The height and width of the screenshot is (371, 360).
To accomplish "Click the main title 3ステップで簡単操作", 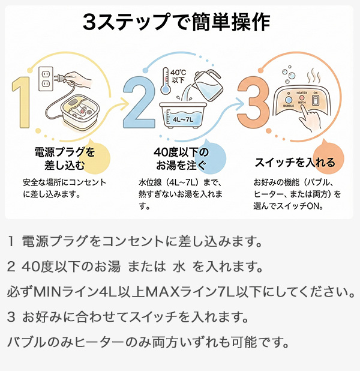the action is click(176, 22).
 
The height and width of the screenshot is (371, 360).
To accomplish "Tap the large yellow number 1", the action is click(22, 102).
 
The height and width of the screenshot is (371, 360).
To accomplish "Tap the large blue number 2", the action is click(139, 102).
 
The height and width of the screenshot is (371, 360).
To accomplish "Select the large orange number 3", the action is click(253, 102).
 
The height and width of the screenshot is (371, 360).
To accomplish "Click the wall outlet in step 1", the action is click(46, 79).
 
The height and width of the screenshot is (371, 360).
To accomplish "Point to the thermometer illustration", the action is click(166, 81).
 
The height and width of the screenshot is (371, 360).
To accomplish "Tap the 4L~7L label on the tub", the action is click(182, 119).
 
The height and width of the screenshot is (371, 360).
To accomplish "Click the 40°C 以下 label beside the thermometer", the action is click(178, 76).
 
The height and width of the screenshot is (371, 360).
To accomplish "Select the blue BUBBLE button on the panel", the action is click(289, 100).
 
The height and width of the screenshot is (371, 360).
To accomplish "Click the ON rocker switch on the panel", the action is click(315, 100).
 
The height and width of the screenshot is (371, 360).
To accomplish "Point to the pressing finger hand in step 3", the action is click(312, 117).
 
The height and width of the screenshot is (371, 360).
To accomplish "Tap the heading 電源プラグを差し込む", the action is click(65, 158).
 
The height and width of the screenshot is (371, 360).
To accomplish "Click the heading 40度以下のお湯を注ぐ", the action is click(181, 158).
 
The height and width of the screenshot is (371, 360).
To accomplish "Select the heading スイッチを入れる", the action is click(295, 162).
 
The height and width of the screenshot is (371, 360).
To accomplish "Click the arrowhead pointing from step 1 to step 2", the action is click(124, 103).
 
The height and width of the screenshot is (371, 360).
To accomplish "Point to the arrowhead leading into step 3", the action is click(239, 103).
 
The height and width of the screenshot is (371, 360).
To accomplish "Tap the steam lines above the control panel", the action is click(314, 76).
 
